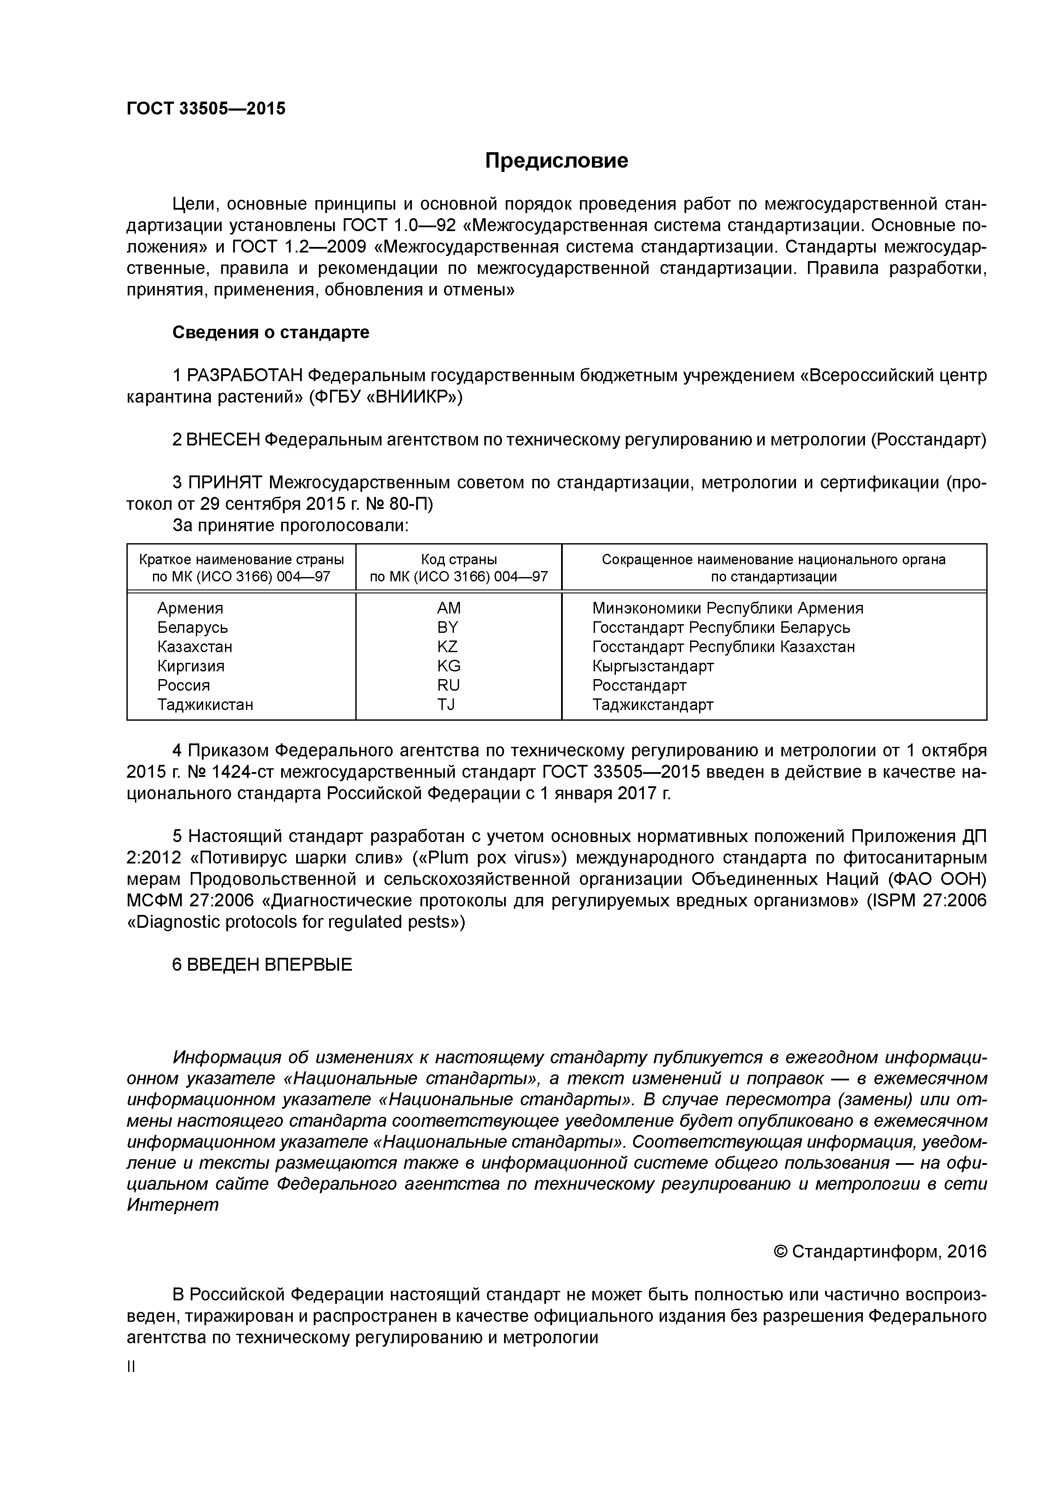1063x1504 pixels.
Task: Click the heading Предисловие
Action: pos(556,161)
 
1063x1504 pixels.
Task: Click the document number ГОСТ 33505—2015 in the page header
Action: pos(206,109)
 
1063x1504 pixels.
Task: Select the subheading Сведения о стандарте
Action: pos(270,333)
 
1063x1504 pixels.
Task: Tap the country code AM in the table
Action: pos(449,608)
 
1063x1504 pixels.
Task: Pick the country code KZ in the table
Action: pos(447,647)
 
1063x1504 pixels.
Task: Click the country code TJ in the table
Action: pos(446,705)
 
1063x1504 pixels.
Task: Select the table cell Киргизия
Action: pos(191,666)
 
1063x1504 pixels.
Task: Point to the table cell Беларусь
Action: pos(192,628)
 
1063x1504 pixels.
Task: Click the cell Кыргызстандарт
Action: pos(652,666)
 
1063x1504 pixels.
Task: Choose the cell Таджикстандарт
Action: pos(652,705)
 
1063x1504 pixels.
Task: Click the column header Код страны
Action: pos(459,559)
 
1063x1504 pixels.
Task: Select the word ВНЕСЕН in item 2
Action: pos(223,440)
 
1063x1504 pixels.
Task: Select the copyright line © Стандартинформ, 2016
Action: pos(880,1252)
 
